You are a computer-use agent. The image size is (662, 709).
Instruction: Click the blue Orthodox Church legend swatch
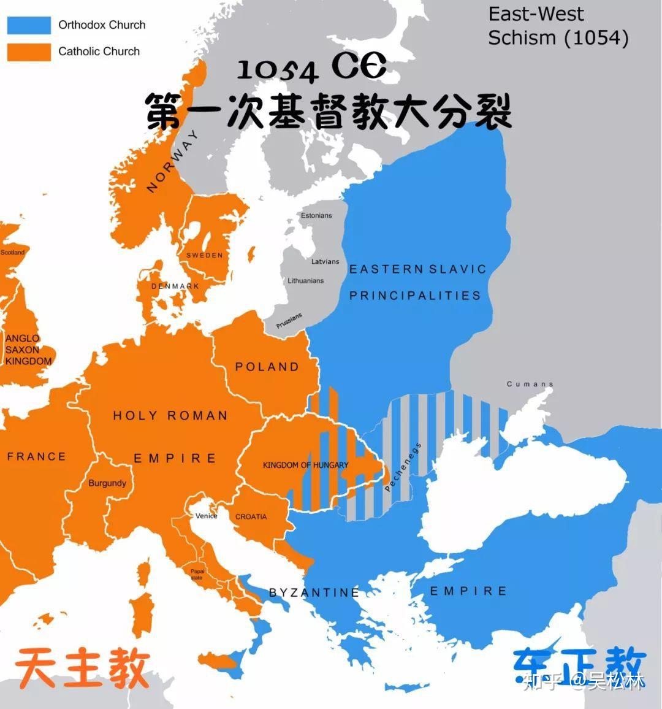[x=29, y=25]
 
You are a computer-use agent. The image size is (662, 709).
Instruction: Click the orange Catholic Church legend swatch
[x=29, y=52]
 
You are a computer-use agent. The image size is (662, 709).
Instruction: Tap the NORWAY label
[x=173, y=161]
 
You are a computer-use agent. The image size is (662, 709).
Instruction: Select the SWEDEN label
[x=205, y=255]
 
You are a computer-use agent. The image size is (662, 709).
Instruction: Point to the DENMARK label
[x=175, y=286]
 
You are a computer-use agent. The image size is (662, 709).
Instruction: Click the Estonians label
[x=316, y=215]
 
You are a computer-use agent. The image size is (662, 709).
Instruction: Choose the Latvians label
[x=325, y=261]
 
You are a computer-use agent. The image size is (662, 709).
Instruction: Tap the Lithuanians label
[x=306, y=280]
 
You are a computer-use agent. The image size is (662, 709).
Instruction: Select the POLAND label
[x=267, y=367]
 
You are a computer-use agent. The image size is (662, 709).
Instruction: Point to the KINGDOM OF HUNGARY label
[x=305, y=465]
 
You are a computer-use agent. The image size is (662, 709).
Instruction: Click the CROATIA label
[x=251, y=516]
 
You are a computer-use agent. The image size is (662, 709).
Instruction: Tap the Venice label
[x=207, y=516]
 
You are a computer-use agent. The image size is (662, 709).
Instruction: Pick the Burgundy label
[x=107, y=483]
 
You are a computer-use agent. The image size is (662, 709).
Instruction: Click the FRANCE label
[x=36, y=456]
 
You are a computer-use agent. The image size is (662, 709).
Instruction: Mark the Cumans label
[x=530, y=384]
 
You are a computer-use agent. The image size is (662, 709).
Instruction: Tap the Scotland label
[x=12, y=252]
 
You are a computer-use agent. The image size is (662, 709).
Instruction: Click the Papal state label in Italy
[x=197, y=574]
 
